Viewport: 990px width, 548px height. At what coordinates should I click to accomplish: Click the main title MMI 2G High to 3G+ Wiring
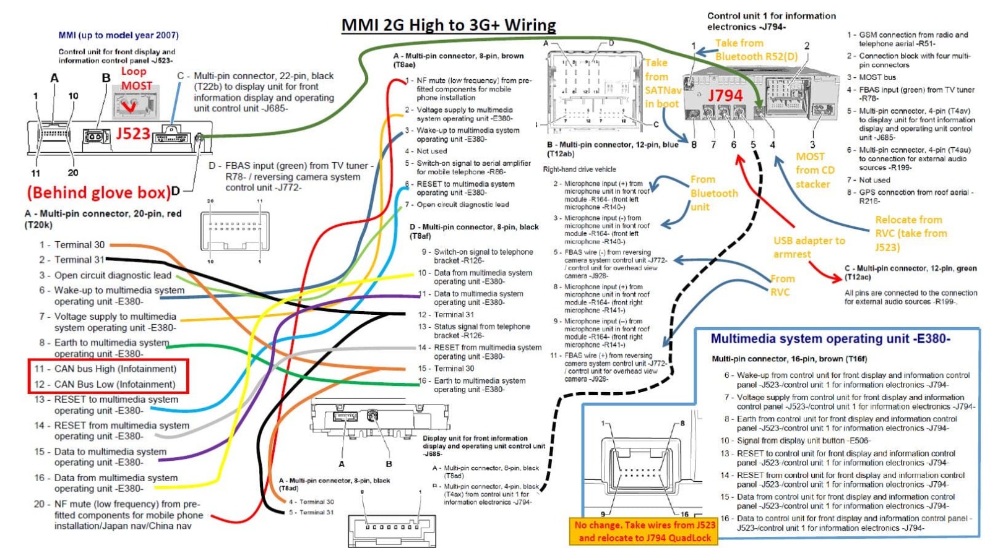[x=449, y=25]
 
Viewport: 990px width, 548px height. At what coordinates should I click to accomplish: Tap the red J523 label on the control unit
[x=133, y=134]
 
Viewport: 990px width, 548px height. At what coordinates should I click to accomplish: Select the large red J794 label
[x=725, y=95]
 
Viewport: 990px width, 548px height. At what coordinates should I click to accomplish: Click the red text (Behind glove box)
[x=99, y=192]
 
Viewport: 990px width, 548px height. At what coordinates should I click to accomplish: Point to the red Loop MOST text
[x=136, y=79]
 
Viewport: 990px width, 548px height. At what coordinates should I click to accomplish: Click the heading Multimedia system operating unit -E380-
[x=830, y=338]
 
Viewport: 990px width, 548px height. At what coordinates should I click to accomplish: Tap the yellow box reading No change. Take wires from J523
[x=645, y=531]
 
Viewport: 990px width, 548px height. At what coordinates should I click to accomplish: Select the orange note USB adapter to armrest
[x=809, y=247]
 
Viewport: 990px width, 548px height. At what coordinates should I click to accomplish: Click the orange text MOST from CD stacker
[x=814, y=170]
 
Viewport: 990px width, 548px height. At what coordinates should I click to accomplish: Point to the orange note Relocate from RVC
[x=910, y=233]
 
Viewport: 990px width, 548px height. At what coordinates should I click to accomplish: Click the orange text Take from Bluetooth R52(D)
[x=756, y=49]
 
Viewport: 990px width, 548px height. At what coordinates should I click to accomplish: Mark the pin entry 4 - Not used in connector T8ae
[x=426, y=151]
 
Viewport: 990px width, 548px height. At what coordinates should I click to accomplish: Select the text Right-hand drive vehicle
[x=579, y=169]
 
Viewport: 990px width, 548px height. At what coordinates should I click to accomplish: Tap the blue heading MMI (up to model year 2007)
[x=118, y=35]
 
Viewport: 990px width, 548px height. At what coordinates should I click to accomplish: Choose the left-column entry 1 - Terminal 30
[x=72, y=245]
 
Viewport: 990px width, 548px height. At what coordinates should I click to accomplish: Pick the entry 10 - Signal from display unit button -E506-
[x=795, y=440]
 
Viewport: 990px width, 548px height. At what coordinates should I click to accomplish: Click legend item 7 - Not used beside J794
[x=868, y=180]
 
